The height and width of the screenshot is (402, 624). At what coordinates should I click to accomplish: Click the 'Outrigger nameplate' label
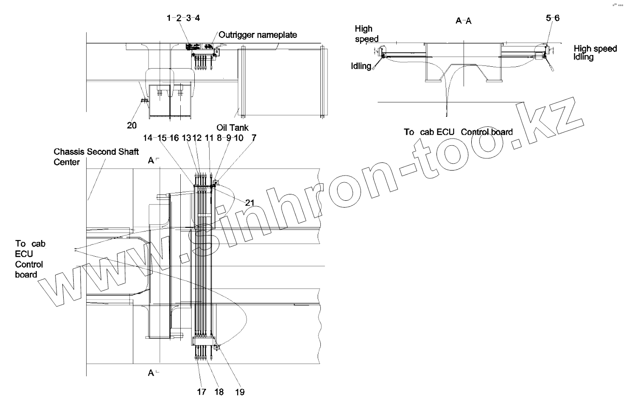(x=258, y=35)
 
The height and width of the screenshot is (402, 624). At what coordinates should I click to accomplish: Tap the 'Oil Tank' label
(x=233, y=128)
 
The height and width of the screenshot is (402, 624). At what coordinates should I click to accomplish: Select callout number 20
(x=132, y=125)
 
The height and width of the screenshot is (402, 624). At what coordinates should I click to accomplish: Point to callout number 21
(x=249, y=203)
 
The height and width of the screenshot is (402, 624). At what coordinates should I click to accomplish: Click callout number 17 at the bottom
(x=202, y=392)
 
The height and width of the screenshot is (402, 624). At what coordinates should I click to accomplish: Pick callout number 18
(x=219, y=392)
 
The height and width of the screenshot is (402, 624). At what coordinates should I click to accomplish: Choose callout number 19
(x=240, y=392)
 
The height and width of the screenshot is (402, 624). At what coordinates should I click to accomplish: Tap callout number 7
(x=254, y=138)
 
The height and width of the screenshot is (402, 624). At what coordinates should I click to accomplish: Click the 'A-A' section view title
(x=464, y=21)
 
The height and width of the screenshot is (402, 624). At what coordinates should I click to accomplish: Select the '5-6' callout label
(x=553, y=18)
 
